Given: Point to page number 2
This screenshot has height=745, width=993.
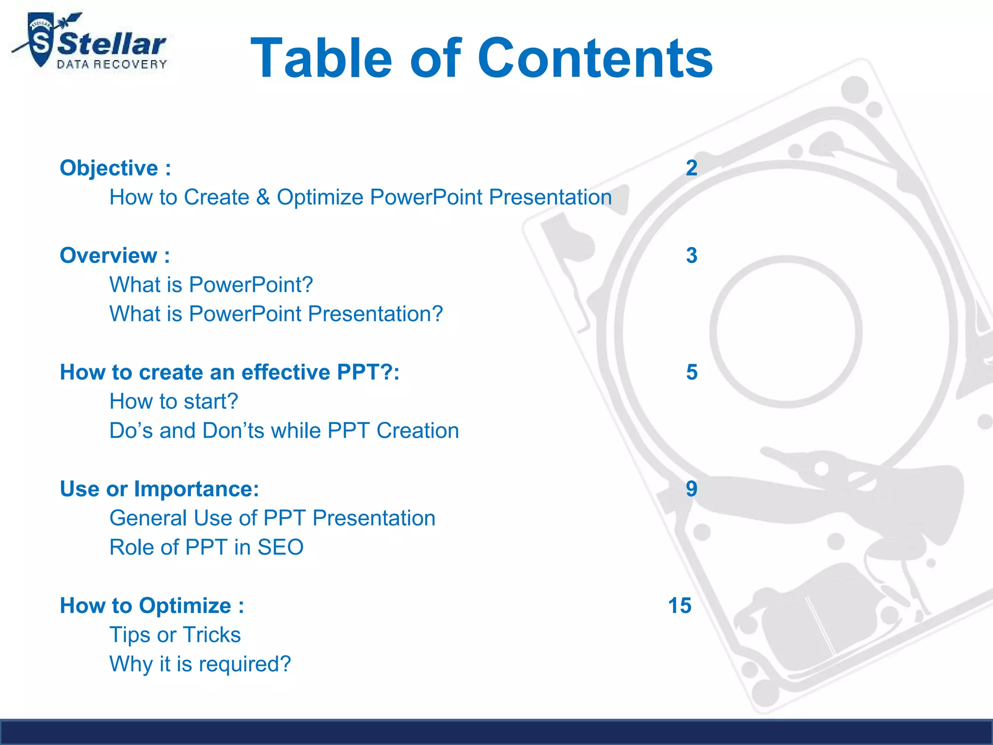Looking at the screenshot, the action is [691, 168].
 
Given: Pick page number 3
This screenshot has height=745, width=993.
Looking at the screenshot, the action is [691, 256].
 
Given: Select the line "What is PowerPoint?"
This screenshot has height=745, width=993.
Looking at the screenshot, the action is [211, 285].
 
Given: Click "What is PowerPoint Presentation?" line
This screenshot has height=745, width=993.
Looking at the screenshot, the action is [276, 314].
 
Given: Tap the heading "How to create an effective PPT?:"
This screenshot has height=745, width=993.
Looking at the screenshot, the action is [229, 372].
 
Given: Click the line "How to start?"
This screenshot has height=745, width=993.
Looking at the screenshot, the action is [174, 402].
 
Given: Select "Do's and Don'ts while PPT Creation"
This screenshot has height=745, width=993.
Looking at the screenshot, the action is [284, 431].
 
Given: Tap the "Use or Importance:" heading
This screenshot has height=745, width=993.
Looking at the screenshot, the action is [160, 489].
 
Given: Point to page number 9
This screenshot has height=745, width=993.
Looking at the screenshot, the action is [691, 489].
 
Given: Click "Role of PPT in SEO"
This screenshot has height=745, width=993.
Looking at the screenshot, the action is [207, 548].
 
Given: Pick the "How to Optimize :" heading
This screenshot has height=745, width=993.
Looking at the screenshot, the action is [152, 606].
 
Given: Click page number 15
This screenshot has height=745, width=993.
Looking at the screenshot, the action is [680, 606].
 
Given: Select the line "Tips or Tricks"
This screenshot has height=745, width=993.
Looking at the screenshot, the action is [175, 635].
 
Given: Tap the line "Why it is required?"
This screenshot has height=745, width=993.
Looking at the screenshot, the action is [200, 664].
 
